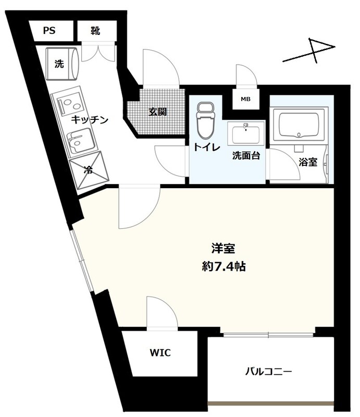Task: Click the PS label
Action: click(49, 30)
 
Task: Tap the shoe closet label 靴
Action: click(95, 30)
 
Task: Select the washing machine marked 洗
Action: click(62, 64)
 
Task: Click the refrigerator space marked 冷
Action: click(89, 170)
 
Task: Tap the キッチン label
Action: click(90, 119)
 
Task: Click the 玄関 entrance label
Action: click(157, 112)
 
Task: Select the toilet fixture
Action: click(206, 120)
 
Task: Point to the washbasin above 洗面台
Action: click(246, 133)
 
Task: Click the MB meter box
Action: click(245, 99)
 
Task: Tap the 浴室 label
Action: click(308, 162)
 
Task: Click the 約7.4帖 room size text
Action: click(224, 266)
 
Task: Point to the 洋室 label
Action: click(224, 249)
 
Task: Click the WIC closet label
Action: click(160, 353)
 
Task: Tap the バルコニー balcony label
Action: click(268, 371)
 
